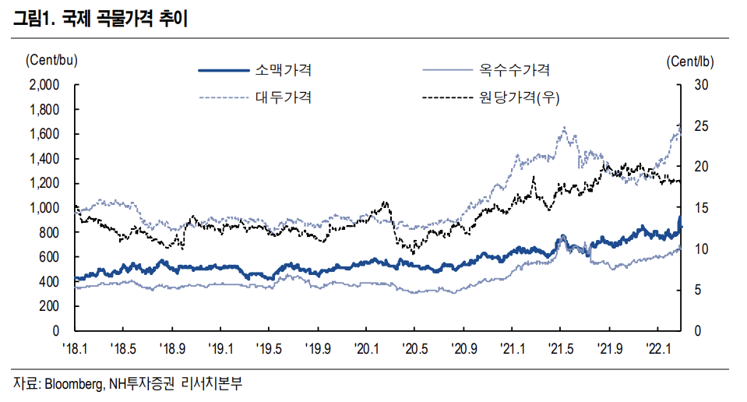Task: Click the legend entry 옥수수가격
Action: point(515,70)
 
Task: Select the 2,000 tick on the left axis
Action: point(44,85)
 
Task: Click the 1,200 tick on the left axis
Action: point(44,184)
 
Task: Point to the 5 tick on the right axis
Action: point(697,291)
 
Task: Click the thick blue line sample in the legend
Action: point(225,71)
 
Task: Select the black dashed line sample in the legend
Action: point(445,98)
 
